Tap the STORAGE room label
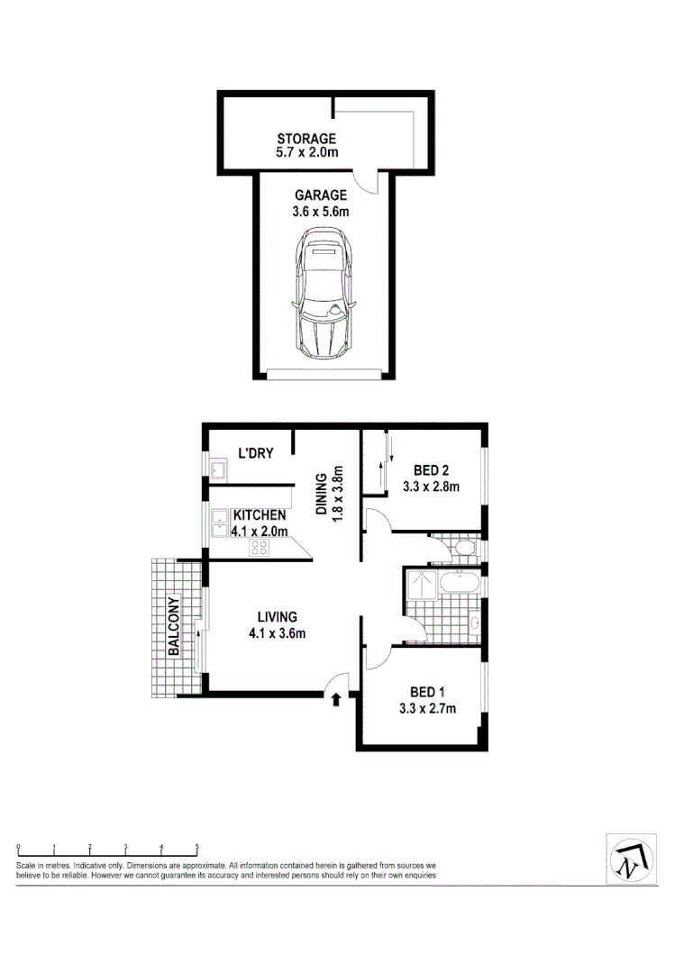pyautogui.click(x=306, y=139)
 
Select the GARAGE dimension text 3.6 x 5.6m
pyautogui.click(x=320, y=212)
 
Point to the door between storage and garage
pyautogui.click(x=367, y=180)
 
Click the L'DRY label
pyautogui.click(x=255, y=453)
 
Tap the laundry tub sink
pyautogui.click(x=217, y=469)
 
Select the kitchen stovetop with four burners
pyautogui.click(x=260, y=547)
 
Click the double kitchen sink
pyautogui.click(x=220, y=523)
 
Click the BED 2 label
pyautogui.click(x=431, y=470)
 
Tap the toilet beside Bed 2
pyautogui.click(x=465, y=547)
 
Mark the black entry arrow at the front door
pyautogui.click(x=337, y=698)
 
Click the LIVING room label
pyautogui.click(x=277, y=616)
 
